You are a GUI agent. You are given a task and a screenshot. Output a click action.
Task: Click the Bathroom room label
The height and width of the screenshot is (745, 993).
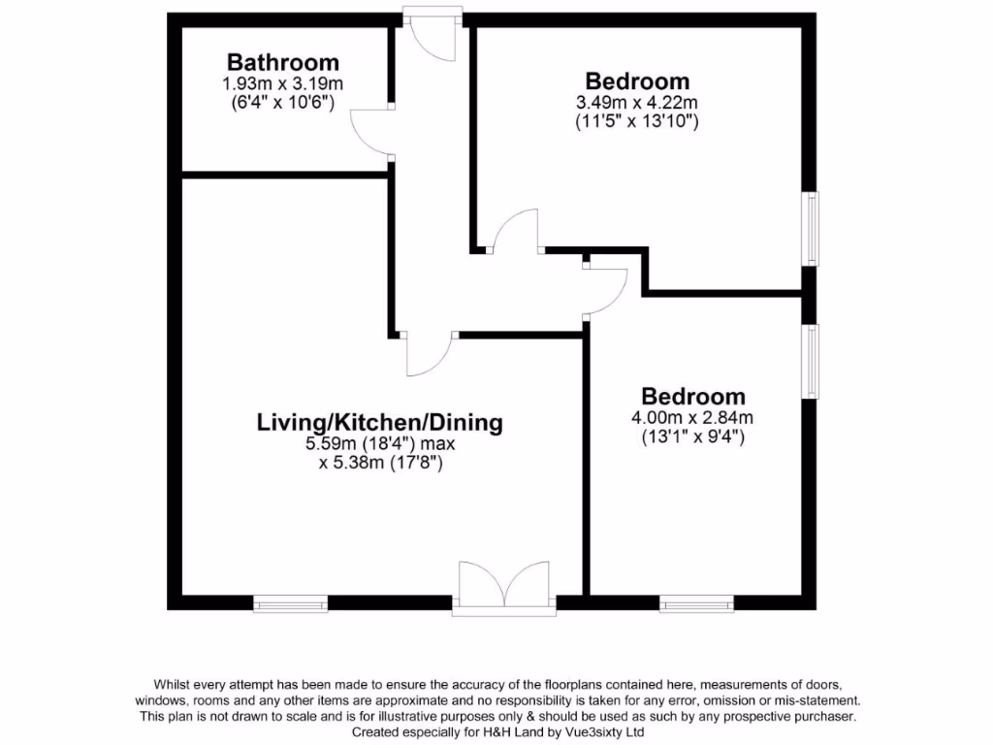pos(283,63)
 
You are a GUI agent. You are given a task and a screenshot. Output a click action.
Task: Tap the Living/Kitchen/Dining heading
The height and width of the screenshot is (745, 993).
pos(380,422)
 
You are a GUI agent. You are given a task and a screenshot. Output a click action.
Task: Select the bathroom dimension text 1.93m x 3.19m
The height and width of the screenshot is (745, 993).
pos(283,84)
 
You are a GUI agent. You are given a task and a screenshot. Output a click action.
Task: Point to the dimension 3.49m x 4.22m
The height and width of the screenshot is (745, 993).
pos(637,103)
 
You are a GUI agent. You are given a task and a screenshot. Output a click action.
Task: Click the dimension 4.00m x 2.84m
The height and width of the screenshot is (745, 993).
pos(692,418)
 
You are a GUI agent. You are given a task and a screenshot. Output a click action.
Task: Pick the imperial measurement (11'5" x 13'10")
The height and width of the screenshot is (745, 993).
pos(637,122)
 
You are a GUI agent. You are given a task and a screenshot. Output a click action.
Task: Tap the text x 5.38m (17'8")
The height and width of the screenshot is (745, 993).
pos(380,463)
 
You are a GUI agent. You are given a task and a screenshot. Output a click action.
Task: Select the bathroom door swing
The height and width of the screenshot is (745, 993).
pos(370,133)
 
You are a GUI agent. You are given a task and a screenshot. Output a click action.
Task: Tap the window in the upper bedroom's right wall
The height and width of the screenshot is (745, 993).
pos(811,229)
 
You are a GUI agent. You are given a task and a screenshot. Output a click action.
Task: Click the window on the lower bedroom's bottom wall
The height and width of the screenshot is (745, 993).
pos(696,602)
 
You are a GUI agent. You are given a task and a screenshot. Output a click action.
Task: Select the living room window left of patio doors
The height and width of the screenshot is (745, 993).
pos(290,602)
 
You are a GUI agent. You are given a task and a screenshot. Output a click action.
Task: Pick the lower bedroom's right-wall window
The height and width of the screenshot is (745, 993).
pos(811,360)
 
